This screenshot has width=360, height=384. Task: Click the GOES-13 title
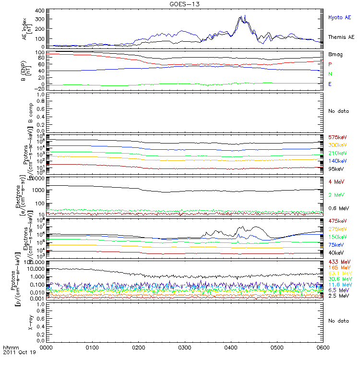tap(184, 4)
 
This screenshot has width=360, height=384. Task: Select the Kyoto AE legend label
tap(339, 17)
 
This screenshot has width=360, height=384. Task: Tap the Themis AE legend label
tap(341, 37)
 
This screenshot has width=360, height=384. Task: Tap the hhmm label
tap(10, 347)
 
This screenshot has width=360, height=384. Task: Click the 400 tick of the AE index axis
tap(40, 11)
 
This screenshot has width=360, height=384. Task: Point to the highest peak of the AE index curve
tap(245, 15)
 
